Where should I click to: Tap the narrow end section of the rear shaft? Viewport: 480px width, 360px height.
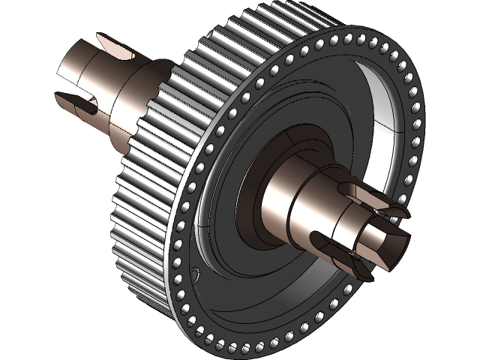[x=75, y=71]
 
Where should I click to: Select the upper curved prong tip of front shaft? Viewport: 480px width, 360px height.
[x=397, y=211]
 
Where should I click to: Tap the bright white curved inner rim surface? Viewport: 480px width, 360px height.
[x=390, y=120]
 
